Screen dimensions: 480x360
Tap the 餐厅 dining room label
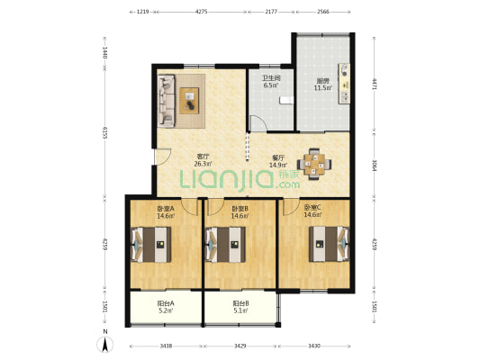tap(278, 157)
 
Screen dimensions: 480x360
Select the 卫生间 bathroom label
tap(271, 78)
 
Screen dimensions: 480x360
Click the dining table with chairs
tap(313, 164)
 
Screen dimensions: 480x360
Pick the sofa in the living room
tap(167, 101)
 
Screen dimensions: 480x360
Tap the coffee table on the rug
tap(189, 101)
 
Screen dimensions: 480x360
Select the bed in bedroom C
tap(329, 244)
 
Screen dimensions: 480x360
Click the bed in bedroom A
tap(151, 245)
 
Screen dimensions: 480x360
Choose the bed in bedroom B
tap(225, 245)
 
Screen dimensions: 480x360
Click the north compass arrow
tap(105, 345)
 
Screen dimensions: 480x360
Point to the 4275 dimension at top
tap(201, 12)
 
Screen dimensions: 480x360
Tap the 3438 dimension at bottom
tap(166, 346)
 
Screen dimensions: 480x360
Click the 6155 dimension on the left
tap(104, 132)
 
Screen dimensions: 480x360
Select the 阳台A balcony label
tap(166, 303)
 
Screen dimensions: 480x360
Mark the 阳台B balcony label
tap(240, 303)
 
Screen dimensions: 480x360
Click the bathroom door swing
tap(258, 123)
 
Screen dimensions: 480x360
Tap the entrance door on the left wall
tap(162, 157)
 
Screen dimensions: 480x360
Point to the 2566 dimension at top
tap(323, 12)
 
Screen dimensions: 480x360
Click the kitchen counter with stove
tap(344, 83)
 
